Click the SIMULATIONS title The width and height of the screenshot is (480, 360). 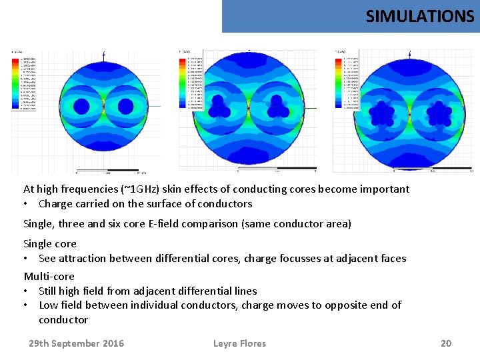[419, 16]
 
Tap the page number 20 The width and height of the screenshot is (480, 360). [446, 343]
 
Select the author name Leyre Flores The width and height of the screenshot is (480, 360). [239, 343]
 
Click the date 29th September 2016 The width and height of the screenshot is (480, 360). [76, 343]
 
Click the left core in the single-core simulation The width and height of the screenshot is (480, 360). [81, 106]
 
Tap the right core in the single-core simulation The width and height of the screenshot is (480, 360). [127, 106]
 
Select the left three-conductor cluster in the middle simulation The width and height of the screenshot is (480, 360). [218, 105]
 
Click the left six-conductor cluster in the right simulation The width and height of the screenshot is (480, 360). [383, 113]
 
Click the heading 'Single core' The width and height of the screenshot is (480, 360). [50, 244]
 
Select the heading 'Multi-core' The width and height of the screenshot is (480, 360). [49, 276]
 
